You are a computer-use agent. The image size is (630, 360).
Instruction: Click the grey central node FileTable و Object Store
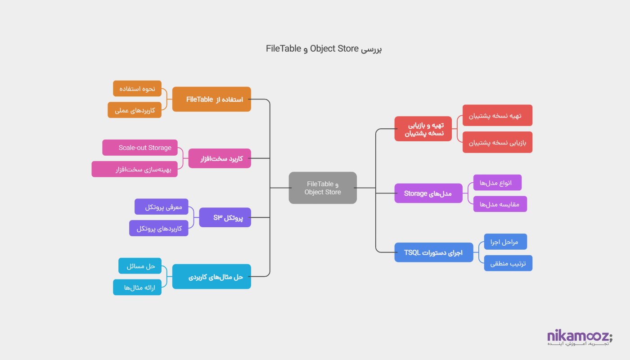point(323,188)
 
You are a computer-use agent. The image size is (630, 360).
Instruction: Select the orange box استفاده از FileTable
point(211,99)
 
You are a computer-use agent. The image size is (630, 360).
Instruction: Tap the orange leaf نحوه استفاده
point(137,89)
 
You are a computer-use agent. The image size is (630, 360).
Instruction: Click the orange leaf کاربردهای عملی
point(135,110)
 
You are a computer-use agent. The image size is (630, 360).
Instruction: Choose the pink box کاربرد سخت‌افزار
point(220,158)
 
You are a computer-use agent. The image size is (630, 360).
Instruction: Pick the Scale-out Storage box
point(140,148)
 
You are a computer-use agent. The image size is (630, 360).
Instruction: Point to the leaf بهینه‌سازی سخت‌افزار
point(135,169)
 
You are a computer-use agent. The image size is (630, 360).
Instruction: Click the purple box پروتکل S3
point(225,217)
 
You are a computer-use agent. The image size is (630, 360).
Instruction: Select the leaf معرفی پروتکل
point(162,207)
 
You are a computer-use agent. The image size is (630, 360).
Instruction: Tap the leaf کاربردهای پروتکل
point(159,228)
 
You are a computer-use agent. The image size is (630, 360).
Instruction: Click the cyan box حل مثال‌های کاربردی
point(211,276)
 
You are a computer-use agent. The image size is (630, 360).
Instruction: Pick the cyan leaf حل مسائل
point(140,266)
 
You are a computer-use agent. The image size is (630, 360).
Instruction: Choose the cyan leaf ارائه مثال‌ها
point(137,287)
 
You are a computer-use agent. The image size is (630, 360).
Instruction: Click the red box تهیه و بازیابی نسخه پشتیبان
point(423,129)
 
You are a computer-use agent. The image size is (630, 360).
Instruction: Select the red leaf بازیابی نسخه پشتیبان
point(497,142)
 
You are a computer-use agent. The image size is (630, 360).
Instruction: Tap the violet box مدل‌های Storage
point(428,193)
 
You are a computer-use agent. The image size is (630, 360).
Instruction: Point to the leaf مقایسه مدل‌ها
point(500,204)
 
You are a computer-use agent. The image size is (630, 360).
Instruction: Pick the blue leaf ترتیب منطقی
point(508,263)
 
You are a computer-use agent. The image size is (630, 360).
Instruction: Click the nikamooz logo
point(580,338)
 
